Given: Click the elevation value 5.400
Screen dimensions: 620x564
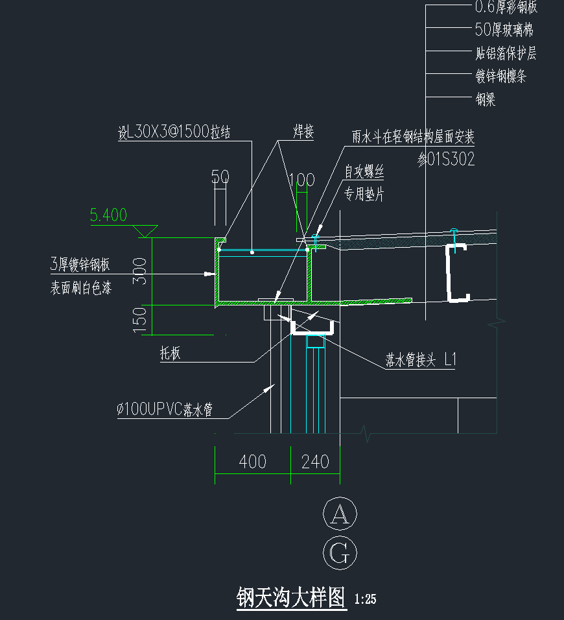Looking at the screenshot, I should tap(109, 215).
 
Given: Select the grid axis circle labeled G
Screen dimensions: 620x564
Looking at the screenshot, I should tap(340, 553).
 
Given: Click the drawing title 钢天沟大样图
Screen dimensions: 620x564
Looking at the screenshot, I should tap(292, 597).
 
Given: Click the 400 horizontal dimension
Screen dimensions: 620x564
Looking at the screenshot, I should tap(252, 462).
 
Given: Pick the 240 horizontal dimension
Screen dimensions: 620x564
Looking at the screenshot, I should tap(315, 462).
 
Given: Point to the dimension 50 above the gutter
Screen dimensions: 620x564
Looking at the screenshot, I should tap(220, 177).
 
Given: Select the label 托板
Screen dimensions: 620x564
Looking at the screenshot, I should tap(170, 353).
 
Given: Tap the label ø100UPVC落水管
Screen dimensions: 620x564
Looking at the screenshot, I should tap(165, 409).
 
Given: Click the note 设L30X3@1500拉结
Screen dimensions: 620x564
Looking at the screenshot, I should tap(174, 133).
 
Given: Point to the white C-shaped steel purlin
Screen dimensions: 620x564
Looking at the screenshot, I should tap(456, 273).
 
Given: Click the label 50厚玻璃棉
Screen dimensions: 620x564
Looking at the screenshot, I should tap(504, 30).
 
